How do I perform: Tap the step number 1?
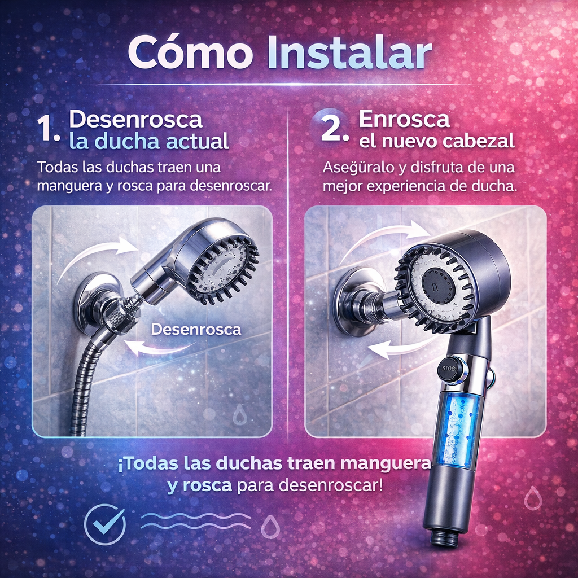click(47, 130)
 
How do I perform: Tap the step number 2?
click(334, 130)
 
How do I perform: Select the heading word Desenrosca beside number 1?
click(135, 120)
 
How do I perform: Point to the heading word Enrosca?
click(404, 119)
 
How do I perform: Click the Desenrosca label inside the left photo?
click(196, 329)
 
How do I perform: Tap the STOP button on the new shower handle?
click(448, 368)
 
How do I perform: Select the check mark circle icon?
click(104, 523)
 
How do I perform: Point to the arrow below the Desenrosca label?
click(159, 348)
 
